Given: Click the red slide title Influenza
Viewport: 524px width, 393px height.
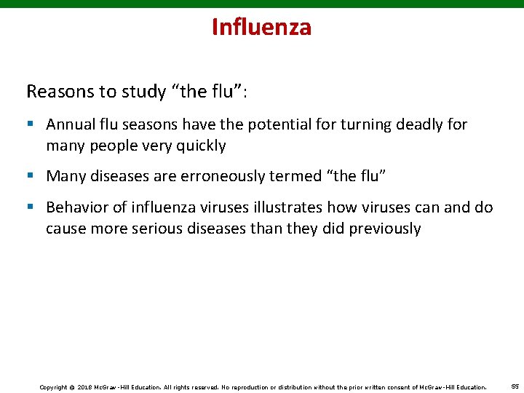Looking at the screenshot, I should [x=261, y=27].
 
